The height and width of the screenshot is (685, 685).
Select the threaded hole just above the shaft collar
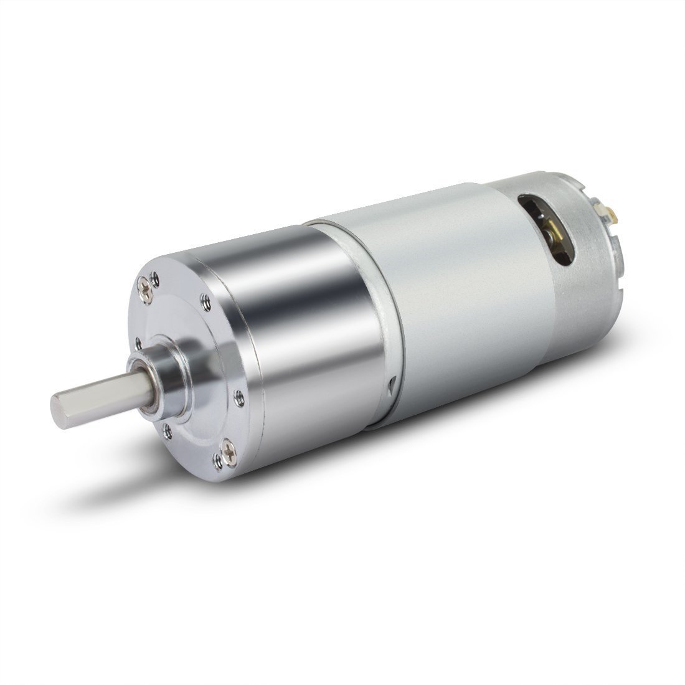click(x=136, y=341)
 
